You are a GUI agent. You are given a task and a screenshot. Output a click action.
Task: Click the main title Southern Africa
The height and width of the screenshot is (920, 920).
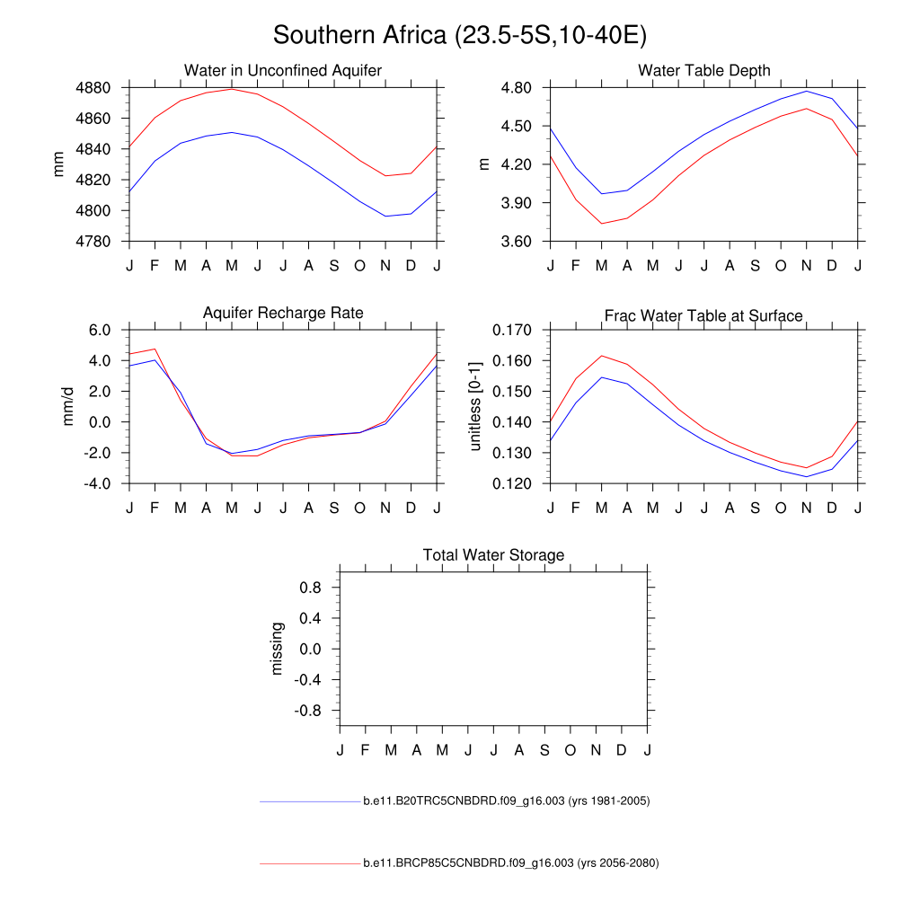click(x=460, y=35)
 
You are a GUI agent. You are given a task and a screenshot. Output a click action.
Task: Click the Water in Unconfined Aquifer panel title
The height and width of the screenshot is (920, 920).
click(x=283, y=70)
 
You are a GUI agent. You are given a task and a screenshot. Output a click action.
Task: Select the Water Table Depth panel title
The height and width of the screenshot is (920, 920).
click(x=704, y=70)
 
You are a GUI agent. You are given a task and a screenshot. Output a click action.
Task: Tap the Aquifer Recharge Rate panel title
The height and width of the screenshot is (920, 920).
click(x=283, y=313)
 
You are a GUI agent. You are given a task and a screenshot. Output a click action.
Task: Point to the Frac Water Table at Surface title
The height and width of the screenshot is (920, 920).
click(x=703, y=315)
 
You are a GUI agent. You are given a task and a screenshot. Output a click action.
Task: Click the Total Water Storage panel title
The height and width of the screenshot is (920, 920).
click(x=493, y=555)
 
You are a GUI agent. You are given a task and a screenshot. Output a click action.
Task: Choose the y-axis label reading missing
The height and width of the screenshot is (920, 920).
click(x=277, y=648)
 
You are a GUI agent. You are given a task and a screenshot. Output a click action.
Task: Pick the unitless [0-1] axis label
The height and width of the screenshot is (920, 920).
click(x=476, y=406)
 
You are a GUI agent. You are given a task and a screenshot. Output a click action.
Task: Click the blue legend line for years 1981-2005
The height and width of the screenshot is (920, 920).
click(x=309, y=801)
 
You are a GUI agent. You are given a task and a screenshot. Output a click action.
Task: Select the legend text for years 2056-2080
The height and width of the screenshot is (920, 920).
click(x=511, y=863)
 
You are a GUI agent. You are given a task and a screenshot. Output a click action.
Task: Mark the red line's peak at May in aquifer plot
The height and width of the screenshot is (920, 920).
click(x=232, y=89)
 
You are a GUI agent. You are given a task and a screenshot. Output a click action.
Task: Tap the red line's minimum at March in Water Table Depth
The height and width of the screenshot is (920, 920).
click(x=601, y=224)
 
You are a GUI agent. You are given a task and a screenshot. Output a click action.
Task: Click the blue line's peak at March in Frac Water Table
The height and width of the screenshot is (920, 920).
click(x=601, y=377)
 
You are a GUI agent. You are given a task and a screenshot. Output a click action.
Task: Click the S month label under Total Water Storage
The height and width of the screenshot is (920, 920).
click(x=544, y=750)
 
